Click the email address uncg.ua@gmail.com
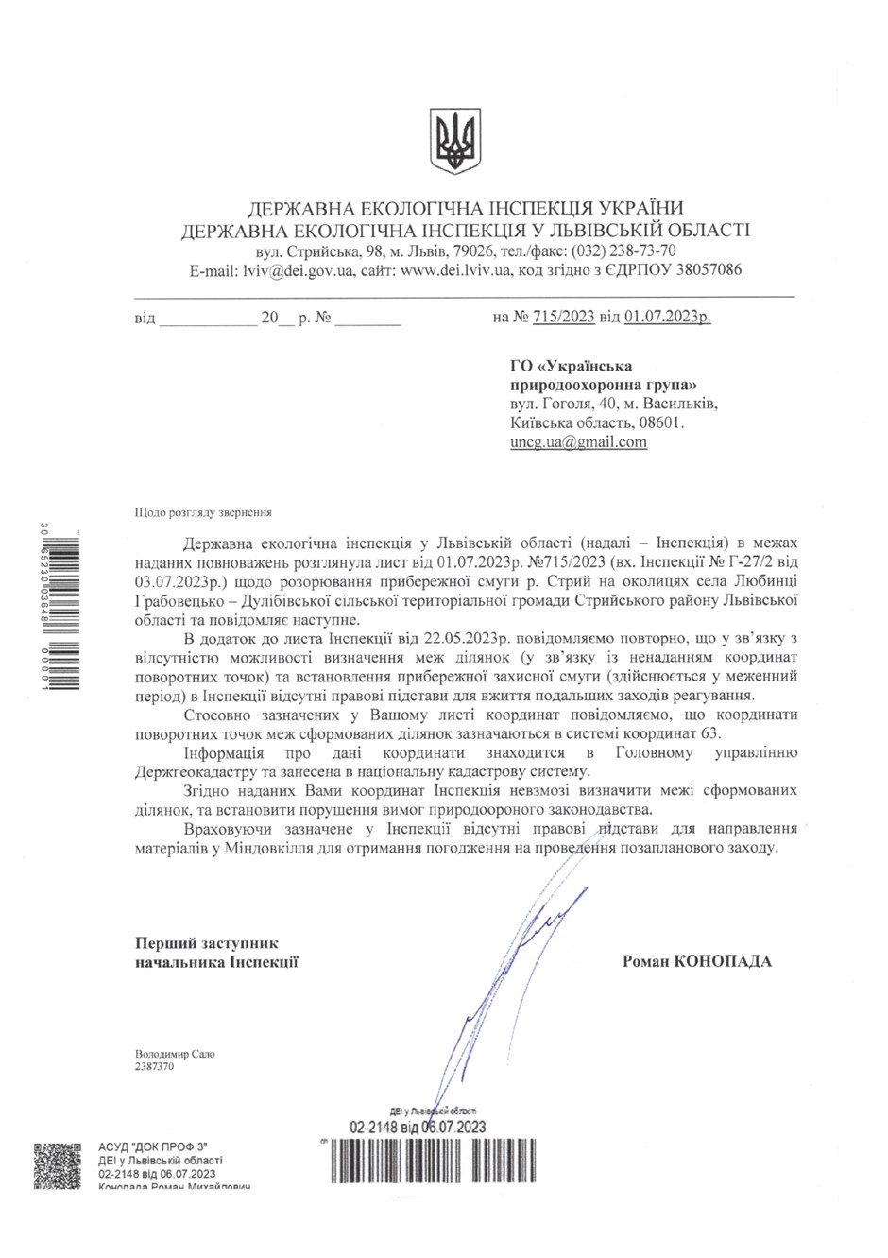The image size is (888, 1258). pos(578,441)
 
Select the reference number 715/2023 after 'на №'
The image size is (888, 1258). pos(563,319)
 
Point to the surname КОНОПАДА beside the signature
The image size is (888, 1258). pos(723,961)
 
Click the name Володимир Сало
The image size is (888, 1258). pos(168,1053)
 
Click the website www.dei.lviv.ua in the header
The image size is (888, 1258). pos(456,269)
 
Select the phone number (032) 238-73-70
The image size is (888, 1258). pos(622,251)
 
